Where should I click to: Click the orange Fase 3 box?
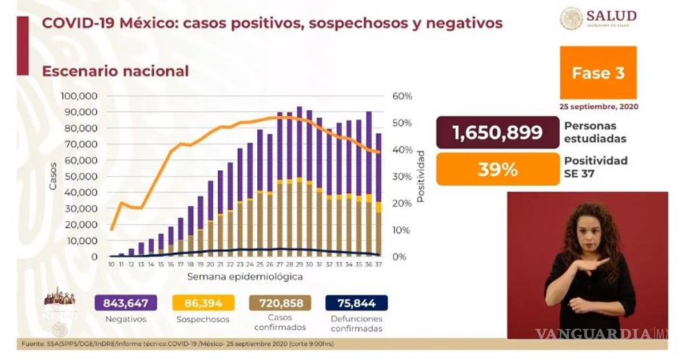click(x=599, y=73)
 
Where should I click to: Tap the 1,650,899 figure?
click(x=497, y=133)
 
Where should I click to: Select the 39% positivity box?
click(x=497, y=169)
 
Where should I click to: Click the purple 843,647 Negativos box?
click(x=125, y=303)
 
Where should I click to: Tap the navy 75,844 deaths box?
click(x=356, y=303)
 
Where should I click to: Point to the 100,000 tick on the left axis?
click(x=79, y=95)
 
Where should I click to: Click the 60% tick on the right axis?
click(x=402, y=95)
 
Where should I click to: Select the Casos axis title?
click(x=53, y=177)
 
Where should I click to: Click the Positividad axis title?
click(x=421, y=177)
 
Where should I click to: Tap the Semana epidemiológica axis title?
click(x=245, y=277)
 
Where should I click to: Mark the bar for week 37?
click(x=378, y=194)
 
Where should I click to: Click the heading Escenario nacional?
click(x=115, y=71)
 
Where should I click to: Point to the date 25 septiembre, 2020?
click(x=599, y=106)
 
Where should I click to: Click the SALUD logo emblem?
click(x=571, y=19)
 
